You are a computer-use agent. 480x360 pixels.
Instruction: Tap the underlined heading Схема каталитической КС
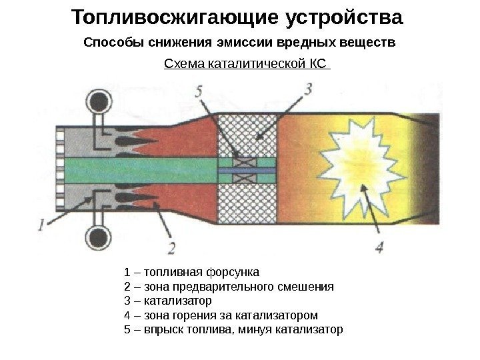coord(246,65)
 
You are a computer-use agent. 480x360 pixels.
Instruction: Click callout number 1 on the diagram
coord(42,225)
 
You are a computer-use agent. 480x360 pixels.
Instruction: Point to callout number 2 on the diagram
coord(172,248)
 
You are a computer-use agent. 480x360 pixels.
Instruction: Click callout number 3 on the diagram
coord(307,89)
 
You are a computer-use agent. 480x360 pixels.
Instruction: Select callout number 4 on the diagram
coord(379,246)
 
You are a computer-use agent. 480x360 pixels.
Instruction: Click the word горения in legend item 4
coord(189,315)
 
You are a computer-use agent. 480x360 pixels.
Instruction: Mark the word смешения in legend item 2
coord(305,287)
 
